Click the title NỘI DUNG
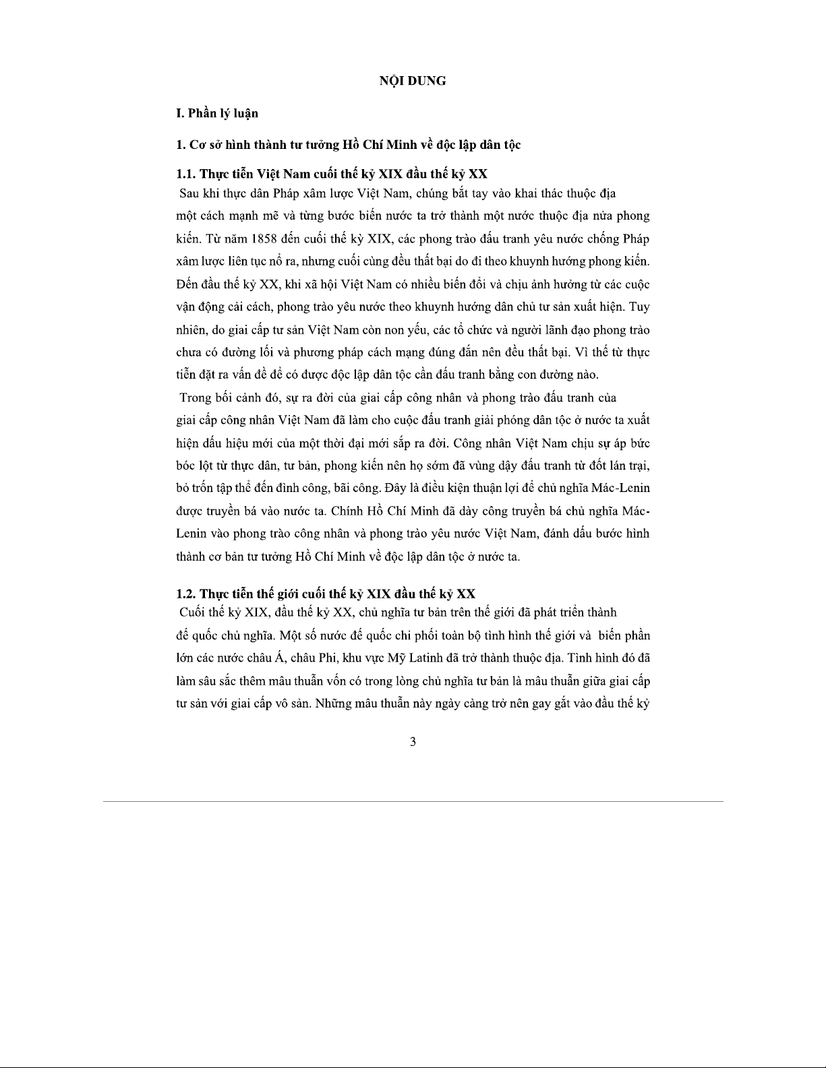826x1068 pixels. coord(413,81)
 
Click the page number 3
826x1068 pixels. coord(413,742)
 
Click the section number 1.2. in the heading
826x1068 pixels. coord(186,594)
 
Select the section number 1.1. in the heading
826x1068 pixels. coord(186,175)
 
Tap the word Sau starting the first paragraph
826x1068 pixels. coord(189,194)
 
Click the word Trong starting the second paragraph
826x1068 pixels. coord(194,398)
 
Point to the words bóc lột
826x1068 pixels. coord(191,466)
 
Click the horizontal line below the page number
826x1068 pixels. coord(413,801)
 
